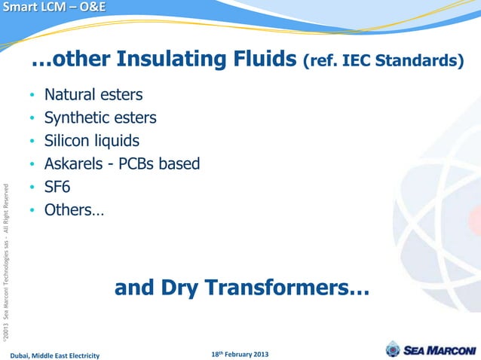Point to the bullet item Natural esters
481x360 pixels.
pyautogui.click(x=93, y=96)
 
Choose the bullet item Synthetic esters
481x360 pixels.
pyautogui.click(x=100, y=118)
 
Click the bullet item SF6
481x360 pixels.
pyautogui.click(x=57, y=187)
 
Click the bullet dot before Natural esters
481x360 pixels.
pyautogui.click(x=32, y=96)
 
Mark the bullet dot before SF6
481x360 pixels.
pyautogui.click(x=32, y=188)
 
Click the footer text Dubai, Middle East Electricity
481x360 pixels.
pyautogui.click(x=54, y=354)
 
